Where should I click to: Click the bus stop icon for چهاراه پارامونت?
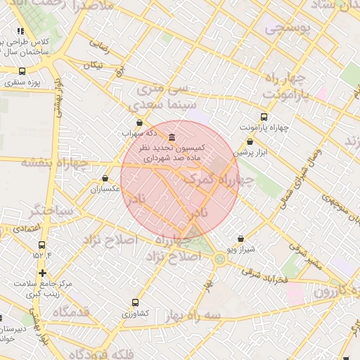point(264,117)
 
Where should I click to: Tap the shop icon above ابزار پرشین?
point(250,141)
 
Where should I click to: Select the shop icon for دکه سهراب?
point(139,122)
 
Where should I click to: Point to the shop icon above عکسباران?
point(105,179)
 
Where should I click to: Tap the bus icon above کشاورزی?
point(135,302)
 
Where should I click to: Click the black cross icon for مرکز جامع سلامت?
point(43,273)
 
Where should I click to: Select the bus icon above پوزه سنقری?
point(22,72)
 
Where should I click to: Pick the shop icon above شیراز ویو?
point(241,239)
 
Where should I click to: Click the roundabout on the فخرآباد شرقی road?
point(221,260)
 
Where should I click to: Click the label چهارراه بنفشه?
point(54,163)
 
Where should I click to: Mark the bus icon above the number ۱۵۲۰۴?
point(41,245)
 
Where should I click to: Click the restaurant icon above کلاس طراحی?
point(20,32)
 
